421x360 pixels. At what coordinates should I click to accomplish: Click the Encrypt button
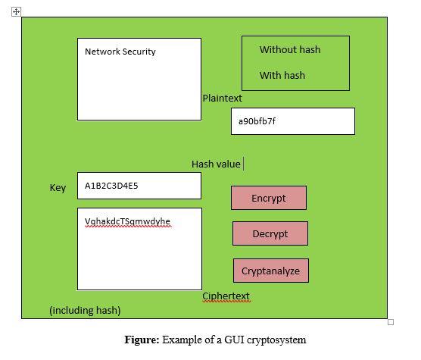click(x=269, y=198)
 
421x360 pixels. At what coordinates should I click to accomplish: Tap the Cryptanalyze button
click(x=270, y=271)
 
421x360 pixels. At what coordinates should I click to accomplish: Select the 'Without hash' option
click(x=290, y=50)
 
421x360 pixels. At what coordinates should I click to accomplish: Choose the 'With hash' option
click(x=282, y=75)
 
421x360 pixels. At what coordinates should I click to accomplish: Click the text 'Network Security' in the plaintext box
click(x=120, y=52)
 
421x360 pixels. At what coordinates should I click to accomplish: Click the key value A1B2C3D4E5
click(x=111, y=185)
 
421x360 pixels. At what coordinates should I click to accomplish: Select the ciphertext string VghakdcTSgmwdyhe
click(x=128, y=221)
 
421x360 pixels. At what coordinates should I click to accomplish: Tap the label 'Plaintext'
click(x=222, y=98)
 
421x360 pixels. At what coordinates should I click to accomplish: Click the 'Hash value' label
click(x=216, y=164)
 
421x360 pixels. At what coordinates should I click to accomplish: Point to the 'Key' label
click(x=58, y=187)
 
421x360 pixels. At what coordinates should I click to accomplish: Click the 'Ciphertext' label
click(x=226, y=296)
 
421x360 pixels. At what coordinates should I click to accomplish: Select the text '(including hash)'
click(x=85, y=310)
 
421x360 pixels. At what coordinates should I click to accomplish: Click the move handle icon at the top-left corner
click(x=17, y=11)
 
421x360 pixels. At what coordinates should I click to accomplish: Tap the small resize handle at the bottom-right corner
click(x=391, y=322)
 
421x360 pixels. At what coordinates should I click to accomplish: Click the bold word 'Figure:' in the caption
click(x=142, y=340)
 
